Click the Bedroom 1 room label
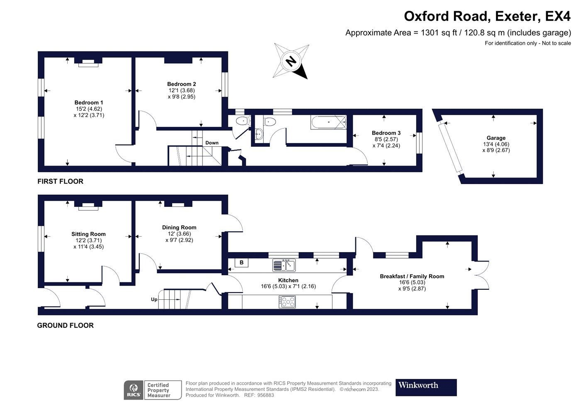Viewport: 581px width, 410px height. coord(89,102)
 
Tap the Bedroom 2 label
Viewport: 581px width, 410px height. coord(182,84)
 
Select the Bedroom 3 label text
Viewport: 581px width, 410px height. coord(386,133)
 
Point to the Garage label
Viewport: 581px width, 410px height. coord(496,138)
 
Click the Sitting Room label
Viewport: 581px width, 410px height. coord(88,234)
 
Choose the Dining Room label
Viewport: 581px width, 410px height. coord(179,227)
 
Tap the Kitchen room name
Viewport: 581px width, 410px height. coord(288,280)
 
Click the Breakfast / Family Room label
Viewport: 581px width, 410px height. coord(412,276)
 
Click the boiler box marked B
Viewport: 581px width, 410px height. coord(242,262)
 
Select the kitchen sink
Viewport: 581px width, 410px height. coord(284,265)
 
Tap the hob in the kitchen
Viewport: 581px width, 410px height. coord(287,302)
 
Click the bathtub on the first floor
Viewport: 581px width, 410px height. coord(329,123)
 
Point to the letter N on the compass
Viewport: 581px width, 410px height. coord(291,61)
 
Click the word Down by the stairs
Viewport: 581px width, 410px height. coord(212,143)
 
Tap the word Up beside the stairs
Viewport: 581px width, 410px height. coord(154,300)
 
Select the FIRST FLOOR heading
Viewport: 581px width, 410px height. coord(61,182)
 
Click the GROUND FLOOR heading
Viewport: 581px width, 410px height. coord(66,325)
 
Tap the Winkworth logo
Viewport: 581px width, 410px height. coord(426,388)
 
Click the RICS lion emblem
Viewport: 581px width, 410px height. coord(134,388)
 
